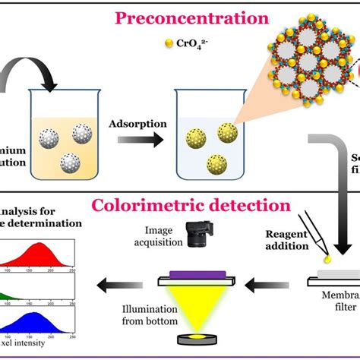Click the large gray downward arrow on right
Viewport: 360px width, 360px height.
click(x=334, y=190)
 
